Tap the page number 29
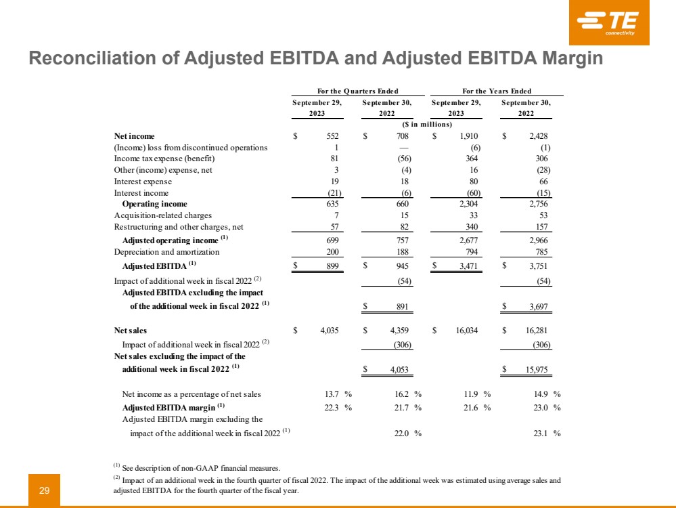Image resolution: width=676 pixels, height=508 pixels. pyautogui.click(x=45, y=490)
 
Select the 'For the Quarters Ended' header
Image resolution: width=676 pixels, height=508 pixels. pyautogui.click(x=357, y=91)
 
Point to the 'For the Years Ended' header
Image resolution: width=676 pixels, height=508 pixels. pyautogui.click(x=497, y=91)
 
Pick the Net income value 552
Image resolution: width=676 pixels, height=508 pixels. pyautogui.click(x=331, y=136)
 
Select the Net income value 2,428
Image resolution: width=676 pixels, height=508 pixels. pyautogui.click(x=537, y=136)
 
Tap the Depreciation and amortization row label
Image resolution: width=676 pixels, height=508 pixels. pyautogui.click(x=166, y=252)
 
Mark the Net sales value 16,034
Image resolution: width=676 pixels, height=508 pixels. pyautogui.click(x=468, y=331)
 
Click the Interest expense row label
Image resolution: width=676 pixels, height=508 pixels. pyautogui.click(x=143, y=182)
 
